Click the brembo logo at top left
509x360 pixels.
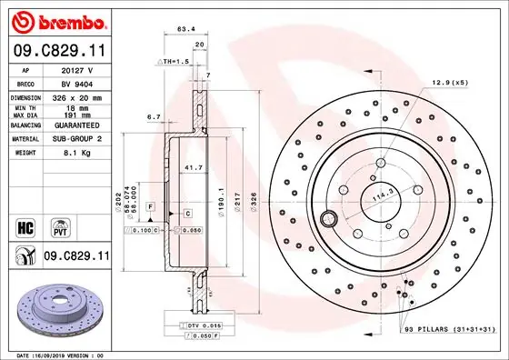point(57,20)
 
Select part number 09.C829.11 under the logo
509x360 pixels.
point(56,55)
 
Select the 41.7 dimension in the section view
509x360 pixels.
point(194,169)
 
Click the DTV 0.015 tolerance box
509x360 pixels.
point(205,325)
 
